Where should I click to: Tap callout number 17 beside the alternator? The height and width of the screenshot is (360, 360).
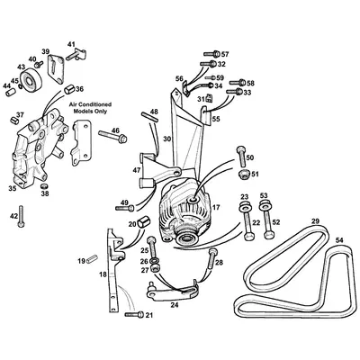[215, 207]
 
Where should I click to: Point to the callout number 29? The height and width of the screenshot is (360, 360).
[315, 221]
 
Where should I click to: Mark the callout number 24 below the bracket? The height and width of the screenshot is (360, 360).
[175, 305]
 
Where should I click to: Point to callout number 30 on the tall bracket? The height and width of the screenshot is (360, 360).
[167, 139]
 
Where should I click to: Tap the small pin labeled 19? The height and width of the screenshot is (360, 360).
[92, 260]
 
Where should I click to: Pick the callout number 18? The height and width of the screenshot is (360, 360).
[102, 273]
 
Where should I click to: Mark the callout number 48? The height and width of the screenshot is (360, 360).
[154, 112]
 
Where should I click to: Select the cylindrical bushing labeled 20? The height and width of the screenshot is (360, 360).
[145, 223]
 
